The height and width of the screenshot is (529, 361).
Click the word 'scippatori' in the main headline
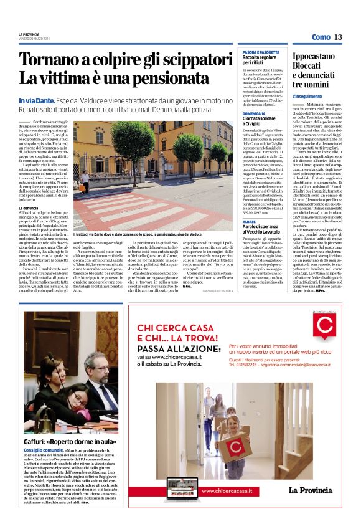click(185, 61)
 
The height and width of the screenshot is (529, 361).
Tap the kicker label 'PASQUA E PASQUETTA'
click(258, 52)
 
